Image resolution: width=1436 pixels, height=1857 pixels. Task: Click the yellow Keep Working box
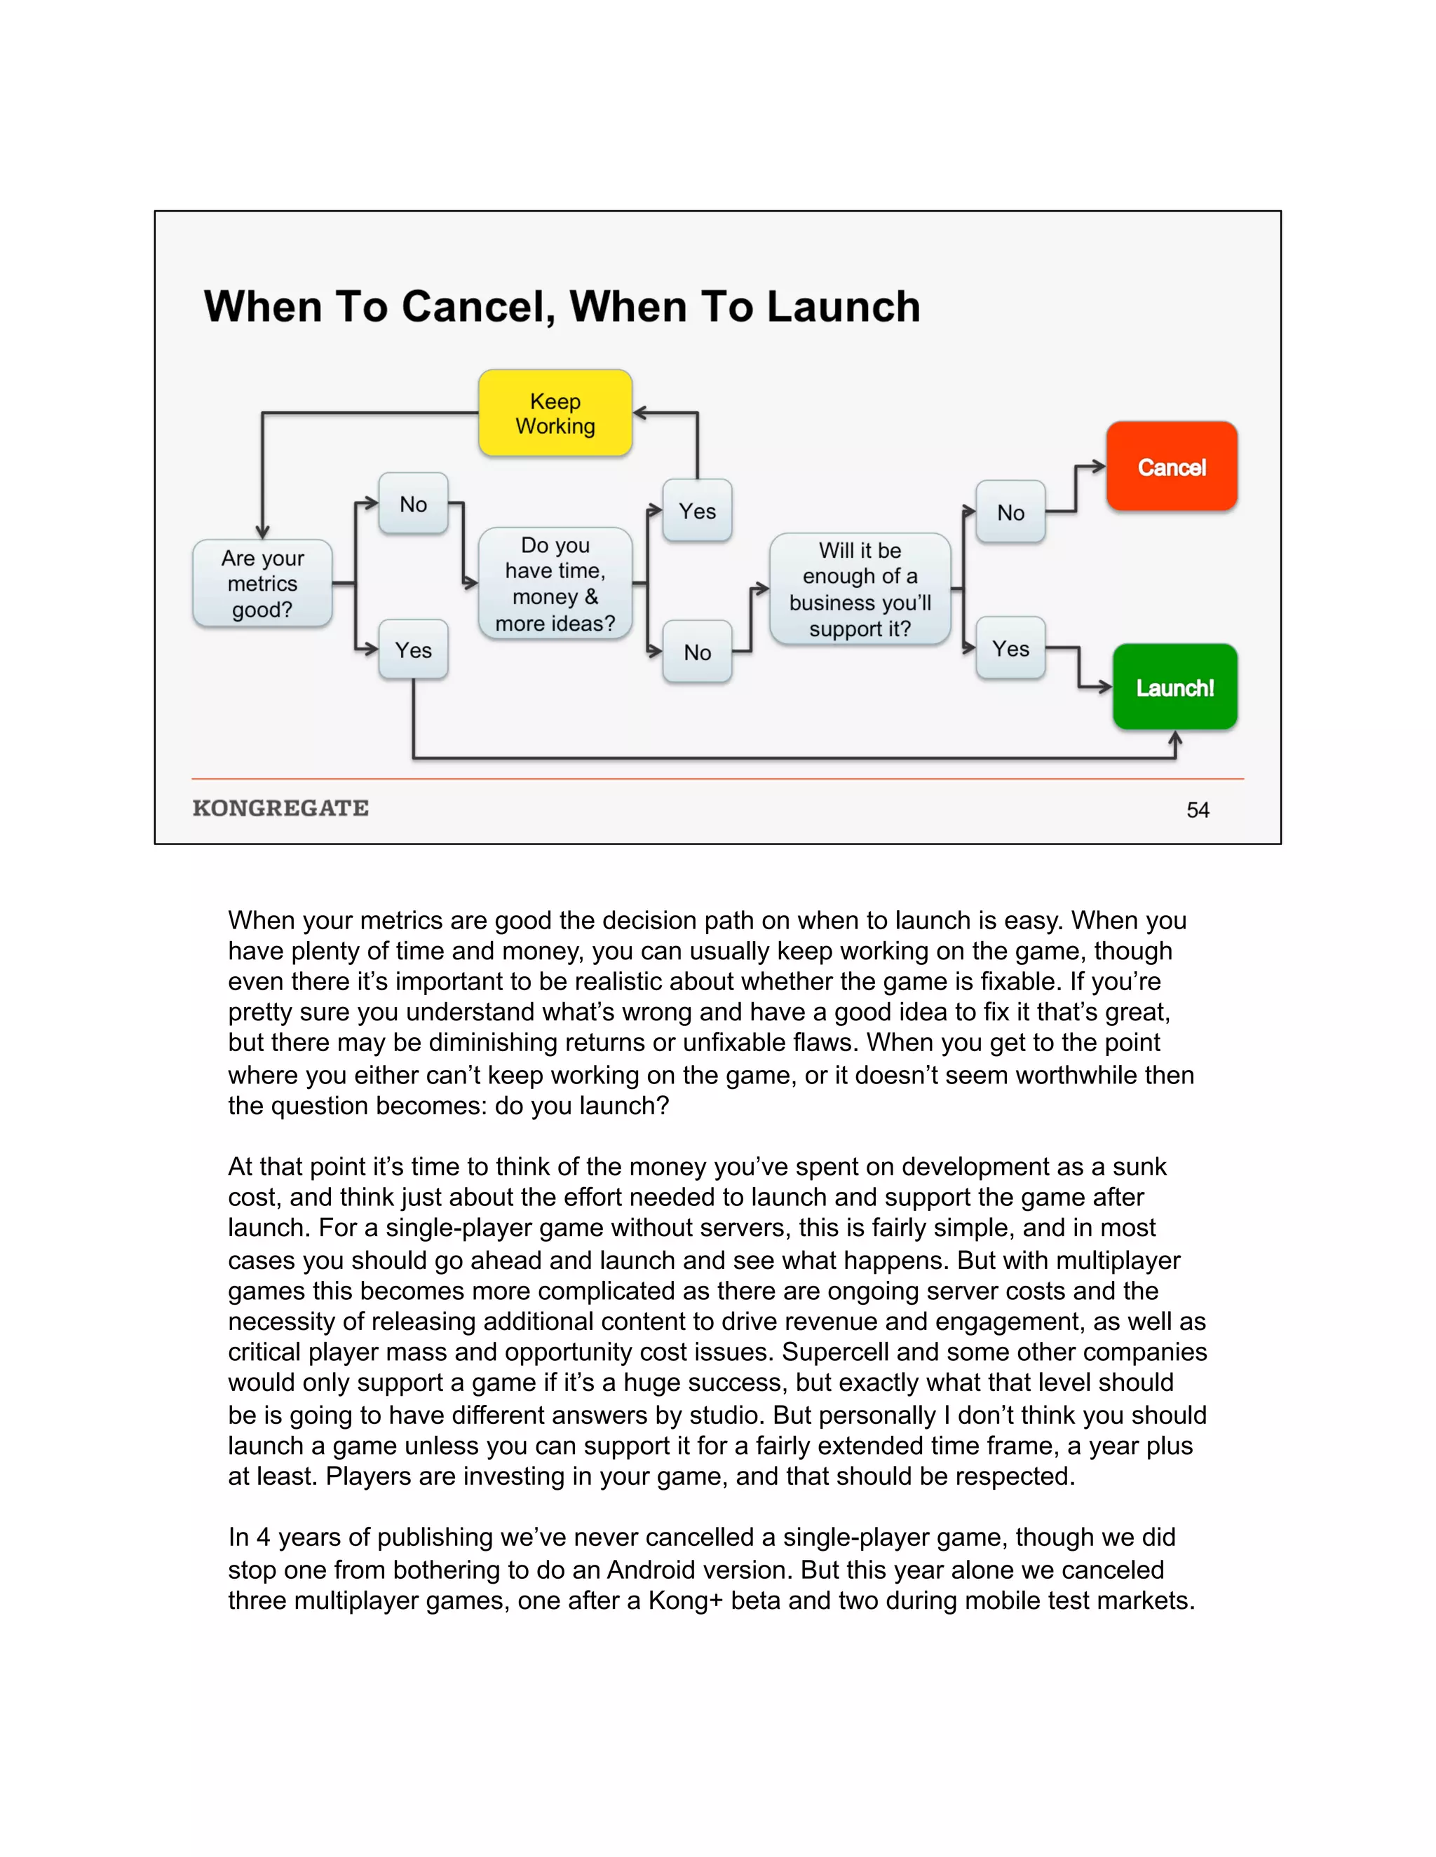[x=555, y=413]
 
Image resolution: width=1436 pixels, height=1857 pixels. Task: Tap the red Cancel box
[x=1172, y=467]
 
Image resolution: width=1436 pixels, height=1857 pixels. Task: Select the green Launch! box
[x=1175, y=687]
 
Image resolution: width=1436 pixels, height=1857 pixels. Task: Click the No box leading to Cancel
[x=1010, y=512]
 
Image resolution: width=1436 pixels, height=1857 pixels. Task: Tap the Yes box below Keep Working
[x=697, y=511]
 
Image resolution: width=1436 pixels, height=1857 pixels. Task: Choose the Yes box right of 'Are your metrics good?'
[x=414, y=650]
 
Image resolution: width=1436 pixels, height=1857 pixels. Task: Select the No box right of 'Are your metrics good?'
[x=414, y=505]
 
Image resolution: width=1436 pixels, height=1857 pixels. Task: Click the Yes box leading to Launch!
[x=1010, y=649]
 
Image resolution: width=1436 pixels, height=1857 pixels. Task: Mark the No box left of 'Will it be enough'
[x=697, y=652]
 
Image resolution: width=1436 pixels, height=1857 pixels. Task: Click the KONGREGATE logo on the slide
[x=280, y=808]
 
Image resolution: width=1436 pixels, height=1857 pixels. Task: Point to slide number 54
[x=1198, y=810]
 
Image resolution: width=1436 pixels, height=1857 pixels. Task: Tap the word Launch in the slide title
[x=843, y=307]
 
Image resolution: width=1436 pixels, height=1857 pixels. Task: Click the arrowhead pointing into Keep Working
[x=639, y=413]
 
